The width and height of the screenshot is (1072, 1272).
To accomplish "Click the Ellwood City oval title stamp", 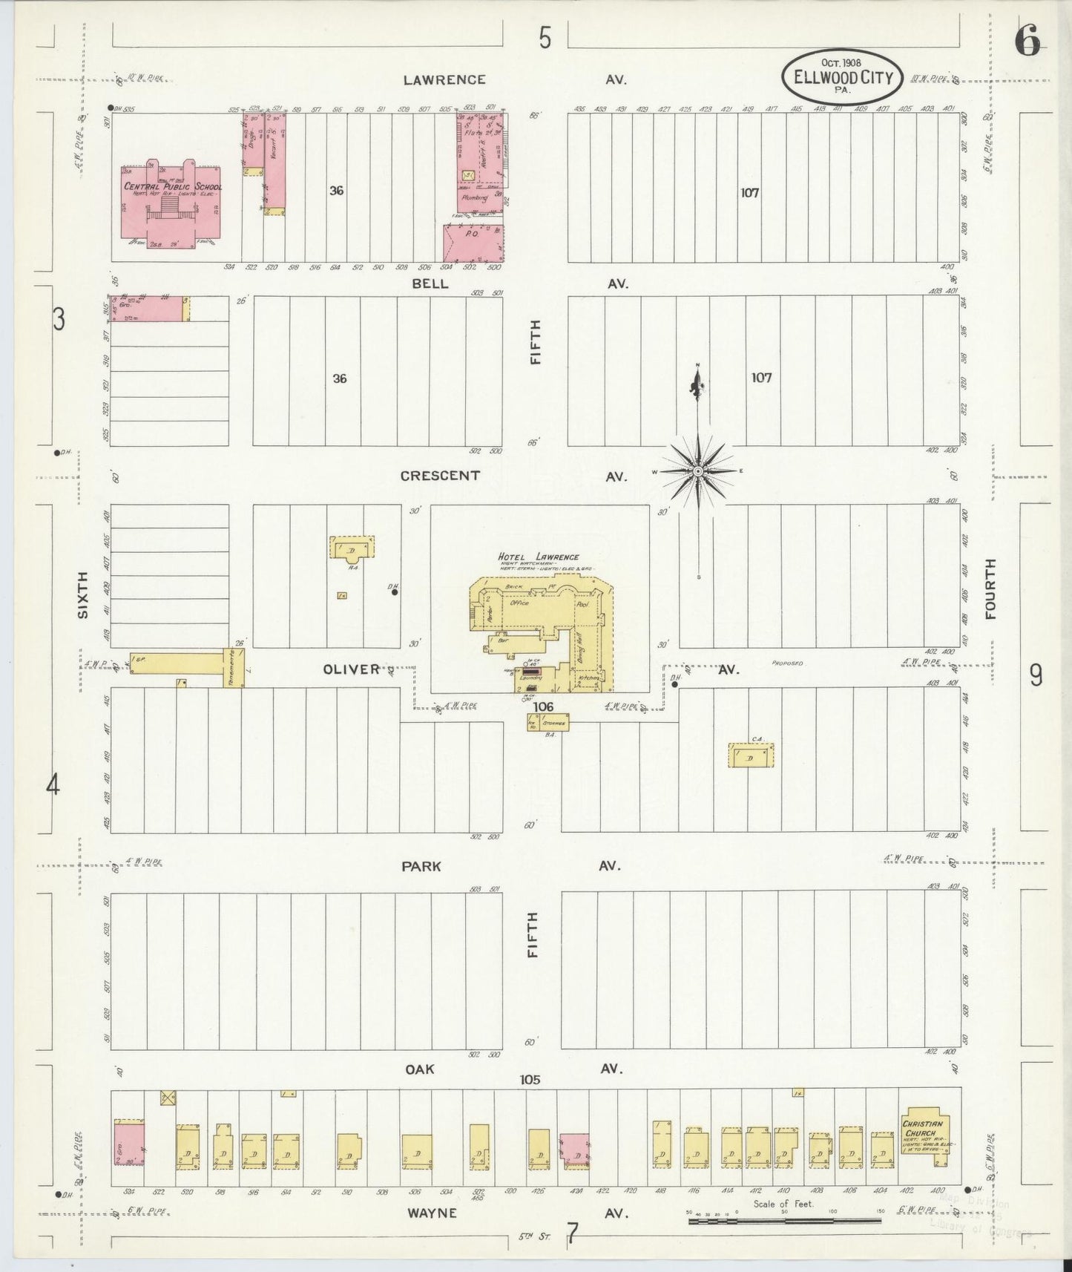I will (x=841, y=76).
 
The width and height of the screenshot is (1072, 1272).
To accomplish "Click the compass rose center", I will (x=698, y=471).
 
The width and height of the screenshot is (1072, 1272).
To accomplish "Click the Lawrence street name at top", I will (x=444, y=79).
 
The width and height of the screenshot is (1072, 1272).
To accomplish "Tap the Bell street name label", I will (x=430, y=283).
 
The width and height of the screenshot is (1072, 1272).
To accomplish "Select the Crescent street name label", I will (x=440, y=476).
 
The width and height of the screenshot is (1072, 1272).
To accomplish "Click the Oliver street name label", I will (x=351, y=669).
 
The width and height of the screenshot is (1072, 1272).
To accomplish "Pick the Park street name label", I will (x=421, y=866).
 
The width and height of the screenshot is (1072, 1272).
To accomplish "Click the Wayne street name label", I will (x=431, y=1213).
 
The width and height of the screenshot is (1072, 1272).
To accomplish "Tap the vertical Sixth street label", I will (x=83, y=594).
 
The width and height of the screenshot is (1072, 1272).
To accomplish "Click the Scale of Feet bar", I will (x=784, y=1220).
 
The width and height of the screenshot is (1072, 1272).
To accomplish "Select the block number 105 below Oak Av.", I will (x=530, y=1080).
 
